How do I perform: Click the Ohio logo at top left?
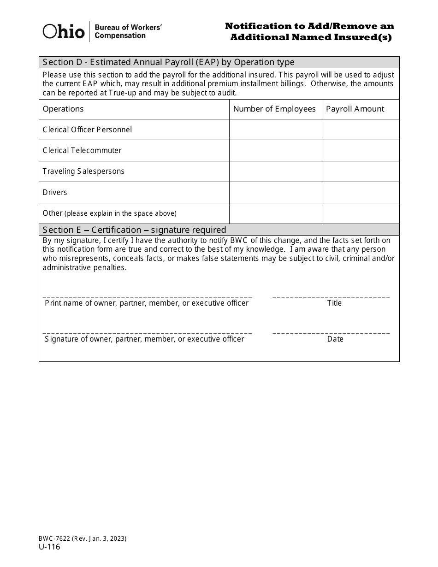click(64, 31)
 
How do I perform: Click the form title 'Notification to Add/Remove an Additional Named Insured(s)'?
click(310, 32)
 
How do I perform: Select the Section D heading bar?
click(219, 62)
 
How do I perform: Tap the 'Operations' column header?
click(63, 109)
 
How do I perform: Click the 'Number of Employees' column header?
click(274, 109)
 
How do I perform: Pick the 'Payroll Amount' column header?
click(355, 109)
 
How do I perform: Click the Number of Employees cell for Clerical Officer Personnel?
click(275, 130)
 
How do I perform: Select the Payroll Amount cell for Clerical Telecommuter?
click(361, 150)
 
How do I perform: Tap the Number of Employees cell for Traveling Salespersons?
click(275, 171)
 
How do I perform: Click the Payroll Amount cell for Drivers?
click(361, 192)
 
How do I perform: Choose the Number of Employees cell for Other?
click(275, 213)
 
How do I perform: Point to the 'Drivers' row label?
click(55, 192)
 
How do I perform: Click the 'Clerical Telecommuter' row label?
click(82, 150)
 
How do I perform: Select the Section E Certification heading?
click(135, 230)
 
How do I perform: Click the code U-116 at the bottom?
click(49, 547)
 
